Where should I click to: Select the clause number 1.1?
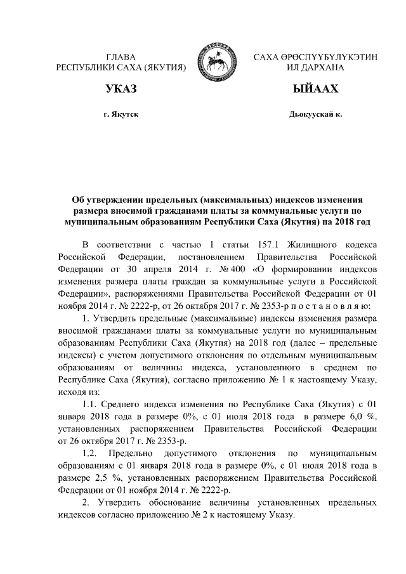93,404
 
